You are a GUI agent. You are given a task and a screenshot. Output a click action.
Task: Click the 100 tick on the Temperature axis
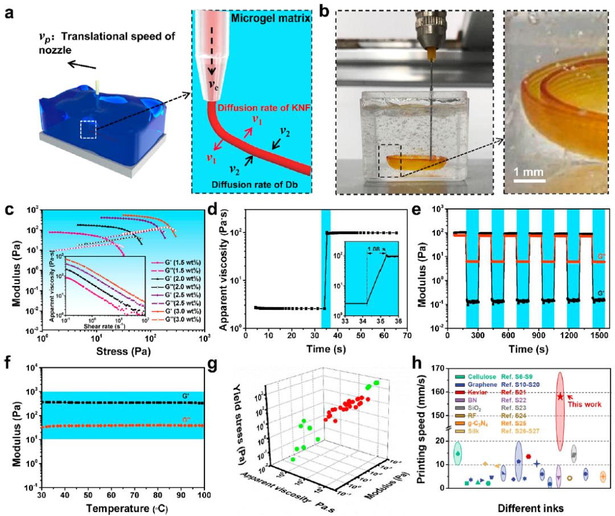click(x=202, y=493)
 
